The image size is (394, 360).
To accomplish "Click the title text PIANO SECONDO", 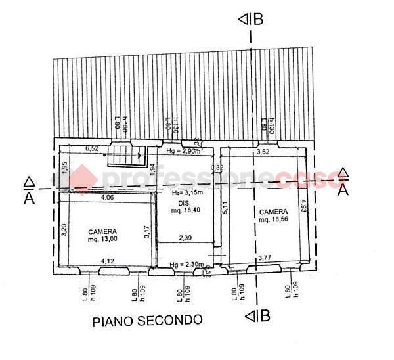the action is pyautogui.click(x=147, y=321).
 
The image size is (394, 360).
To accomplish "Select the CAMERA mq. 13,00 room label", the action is pyautogui.click(x=103, y=235).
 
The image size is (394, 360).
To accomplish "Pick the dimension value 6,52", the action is pyautogui.click(x=91, y=148).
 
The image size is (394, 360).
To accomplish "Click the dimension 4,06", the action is pyautogui.click(x=107, y=197).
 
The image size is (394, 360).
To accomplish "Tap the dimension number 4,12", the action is pyautogui.click(x=107, y=261).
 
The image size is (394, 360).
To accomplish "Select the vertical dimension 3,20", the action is pyautogui.click(x=64, y=230).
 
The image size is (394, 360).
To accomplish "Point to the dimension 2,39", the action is pyautogui.click(x=186, y=238).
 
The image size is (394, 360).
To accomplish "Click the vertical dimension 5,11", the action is pyautogui.click(x=225, y=208).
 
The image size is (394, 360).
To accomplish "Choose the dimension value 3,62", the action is pyautogui.click(x=263, y=152).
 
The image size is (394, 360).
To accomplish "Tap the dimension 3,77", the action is pyautogui.click(x=265, y=258).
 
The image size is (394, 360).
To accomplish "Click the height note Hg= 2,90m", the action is pyautogui.click(x=183, y=151).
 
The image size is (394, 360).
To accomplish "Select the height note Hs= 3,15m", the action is pyautogui.click(x=186, y=193).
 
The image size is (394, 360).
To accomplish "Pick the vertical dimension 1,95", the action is pyautogui.click(x=64, y=168).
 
